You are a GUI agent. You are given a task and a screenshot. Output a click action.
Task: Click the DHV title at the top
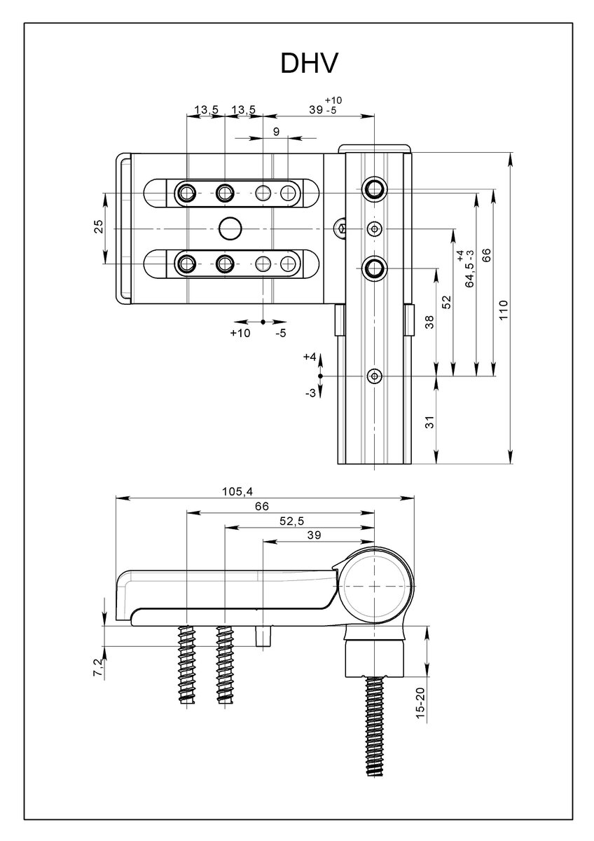(310, 64)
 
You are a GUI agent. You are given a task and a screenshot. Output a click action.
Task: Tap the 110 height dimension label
(504, 308)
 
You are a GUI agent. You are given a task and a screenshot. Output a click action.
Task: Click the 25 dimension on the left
(98, 226)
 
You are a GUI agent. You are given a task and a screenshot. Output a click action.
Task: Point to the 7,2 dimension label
(98, 668)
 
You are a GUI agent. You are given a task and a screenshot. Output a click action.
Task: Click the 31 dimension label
(430, 422)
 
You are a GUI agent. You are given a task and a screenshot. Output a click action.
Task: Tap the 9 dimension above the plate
(276, 132)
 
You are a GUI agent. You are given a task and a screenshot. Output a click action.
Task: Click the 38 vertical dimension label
(430, 322)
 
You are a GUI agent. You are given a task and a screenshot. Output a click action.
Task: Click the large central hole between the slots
(230, 227)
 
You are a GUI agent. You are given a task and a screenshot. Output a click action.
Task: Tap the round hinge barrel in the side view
(376, 584)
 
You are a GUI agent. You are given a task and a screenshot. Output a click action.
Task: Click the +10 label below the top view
(240, 334)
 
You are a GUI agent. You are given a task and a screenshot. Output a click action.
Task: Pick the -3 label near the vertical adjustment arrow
(310, 393)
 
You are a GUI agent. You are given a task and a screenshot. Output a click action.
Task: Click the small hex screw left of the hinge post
(341, 227)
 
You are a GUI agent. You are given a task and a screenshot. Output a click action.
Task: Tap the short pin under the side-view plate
(264, 638)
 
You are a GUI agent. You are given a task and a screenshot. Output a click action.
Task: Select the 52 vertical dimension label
(447, 302)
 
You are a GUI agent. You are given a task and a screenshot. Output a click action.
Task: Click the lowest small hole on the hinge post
(376, 376)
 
